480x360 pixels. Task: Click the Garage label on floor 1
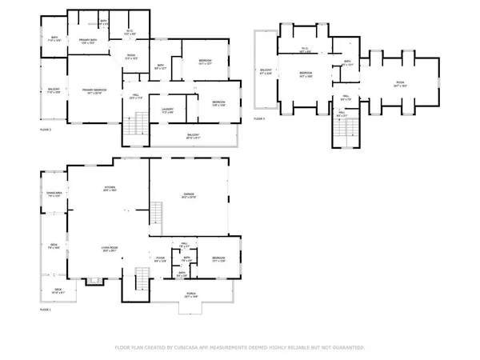tap(189, 194)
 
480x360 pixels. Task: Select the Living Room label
tap(110, 249)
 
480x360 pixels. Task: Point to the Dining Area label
tap(54, 193)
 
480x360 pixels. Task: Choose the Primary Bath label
tap(87, 41)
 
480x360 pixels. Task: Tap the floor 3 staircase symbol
tap(342, 134)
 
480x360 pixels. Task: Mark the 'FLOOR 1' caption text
tap(46, 310)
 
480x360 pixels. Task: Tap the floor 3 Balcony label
tap(266, 73)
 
